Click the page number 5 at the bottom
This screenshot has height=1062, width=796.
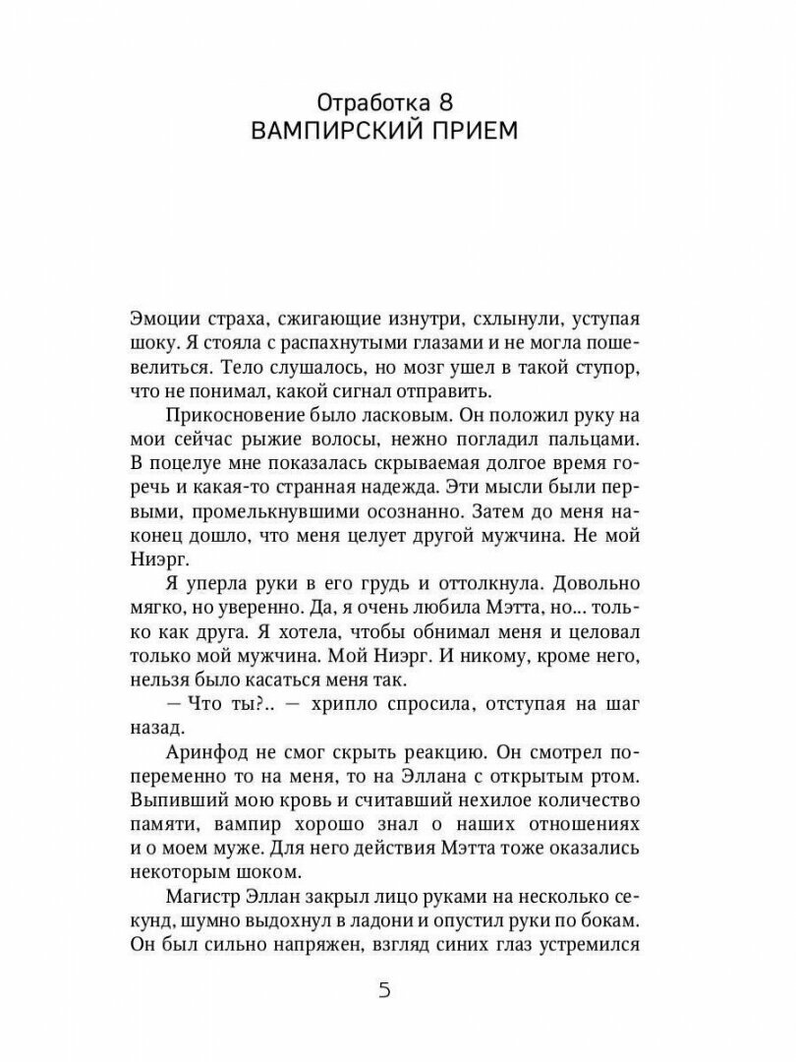385,989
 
